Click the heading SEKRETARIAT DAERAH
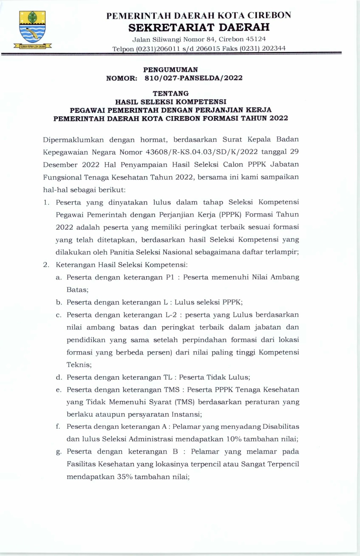pos(199,27)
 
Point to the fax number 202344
pos(273,48)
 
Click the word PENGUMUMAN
pos(171,69)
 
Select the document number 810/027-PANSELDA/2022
pos(193,78)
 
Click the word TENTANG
pos(171,93)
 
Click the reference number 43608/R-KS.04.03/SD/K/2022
pos(201,152)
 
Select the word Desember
pos(60,165)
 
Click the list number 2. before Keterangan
pos(46,265)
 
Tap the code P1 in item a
pos(170,277)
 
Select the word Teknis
pos(79,365)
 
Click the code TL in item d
pos(168,377)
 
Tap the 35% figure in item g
pos(124,477)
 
